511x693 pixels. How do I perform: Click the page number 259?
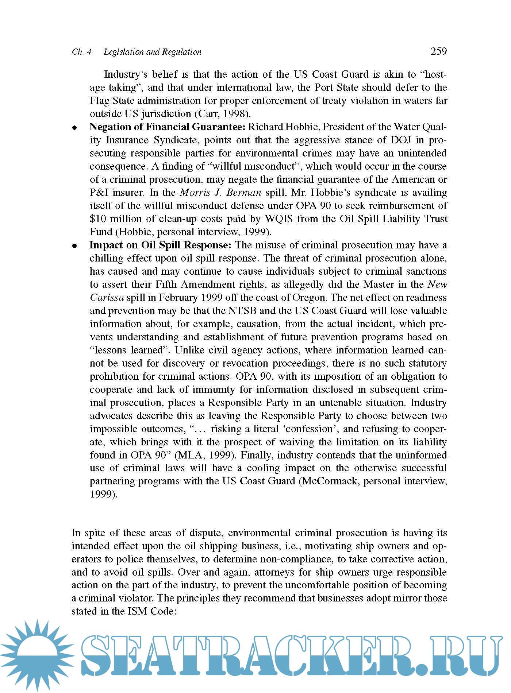coord(438,51)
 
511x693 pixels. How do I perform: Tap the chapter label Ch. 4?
coord(81,52)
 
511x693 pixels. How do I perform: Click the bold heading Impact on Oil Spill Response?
coord(160,245)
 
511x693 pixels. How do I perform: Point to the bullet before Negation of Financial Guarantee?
coord(74,128)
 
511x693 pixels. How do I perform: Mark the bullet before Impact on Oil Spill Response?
coord(74,246)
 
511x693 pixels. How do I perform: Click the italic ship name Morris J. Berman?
coord(220,193)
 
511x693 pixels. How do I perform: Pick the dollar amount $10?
coord(97,219)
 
